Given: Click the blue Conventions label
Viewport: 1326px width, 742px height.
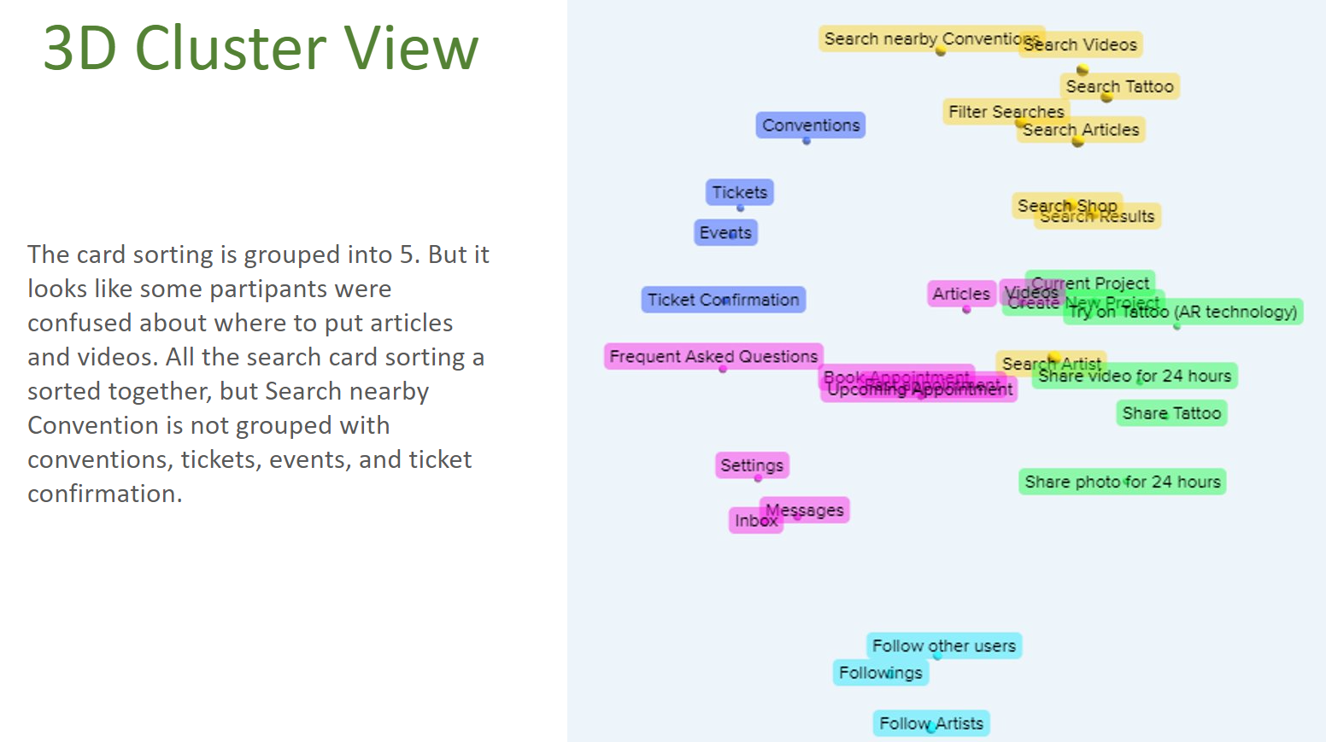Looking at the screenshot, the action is point(810,125).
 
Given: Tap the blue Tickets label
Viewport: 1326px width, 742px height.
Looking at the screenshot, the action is point(739,192).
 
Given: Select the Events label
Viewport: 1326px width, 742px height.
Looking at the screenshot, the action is point(725,232).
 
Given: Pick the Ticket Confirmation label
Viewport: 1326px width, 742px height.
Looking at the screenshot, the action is point(723,300).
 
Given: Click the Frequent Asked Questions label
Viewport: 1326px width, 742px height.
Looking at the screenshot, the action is point(713,356).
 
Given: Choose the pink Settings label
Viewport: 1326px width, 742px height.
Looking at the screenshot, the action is point(751,465).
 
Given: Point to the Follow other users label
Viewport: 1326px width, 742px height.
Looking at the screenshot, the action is point(944,646).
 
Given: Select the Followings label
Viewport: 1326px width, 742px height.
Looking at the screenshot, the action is point(880,673).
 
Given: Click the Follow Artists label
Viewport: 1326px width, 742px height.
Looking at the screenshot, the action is point(930,723).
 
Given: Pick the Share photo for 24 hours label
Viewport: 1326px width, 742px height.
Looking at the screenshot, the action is point(1122,482).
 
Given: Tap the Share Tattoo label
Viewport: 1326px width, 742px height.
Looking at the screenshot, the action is point(1171,413).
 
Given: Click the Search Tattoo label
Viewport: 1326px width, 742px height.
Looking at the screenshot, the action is point(1120,86).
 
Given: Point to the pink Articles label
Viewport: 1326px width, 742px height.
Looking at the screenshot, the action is point(961,294).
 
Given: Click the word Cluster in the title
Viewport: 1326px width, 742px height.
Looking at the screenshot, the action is point(231,48).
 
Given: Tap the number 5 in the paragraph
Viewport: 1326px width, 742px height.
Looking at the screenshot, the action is point(407,254).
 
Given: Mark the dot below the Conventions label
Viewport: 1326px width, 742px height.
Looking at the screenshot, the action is point(807,141).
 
